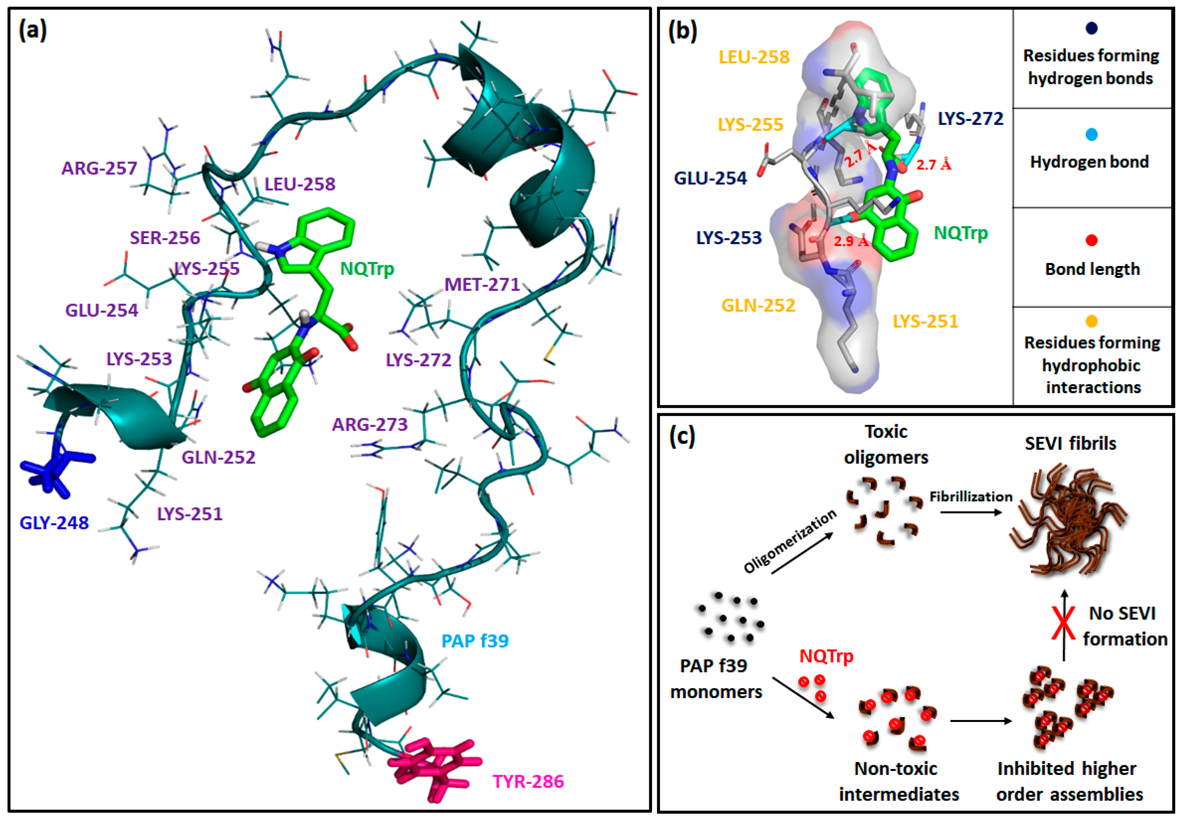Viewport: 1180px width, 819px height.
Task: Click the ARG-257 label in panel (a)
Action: point(99,168)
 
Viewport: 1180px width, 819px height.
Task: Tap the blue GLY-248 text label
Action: point(54,523)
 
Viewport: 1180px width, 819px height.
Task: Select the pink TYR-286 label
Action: point(529,781)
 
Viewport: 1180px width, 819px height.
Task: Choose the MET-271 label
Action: point(482,284)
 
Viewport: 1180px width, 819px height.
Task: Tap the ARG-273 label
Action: point(370,425)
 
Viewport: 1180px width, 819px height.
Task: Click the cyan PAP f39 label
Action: point(475,641)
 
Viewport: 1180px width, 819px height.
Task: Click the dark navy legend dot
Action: point(1092,28)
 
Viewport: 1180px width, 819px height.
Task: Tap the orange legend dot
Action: point(1092,321)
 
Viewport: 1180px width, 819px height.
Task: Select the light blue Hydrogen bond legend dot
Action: point(1092,134)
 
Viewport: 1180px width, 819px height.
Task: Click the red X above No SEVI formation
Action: point(1064,623)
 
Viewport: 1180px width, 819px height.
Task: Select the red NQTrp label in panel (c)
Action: point(826,656)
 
